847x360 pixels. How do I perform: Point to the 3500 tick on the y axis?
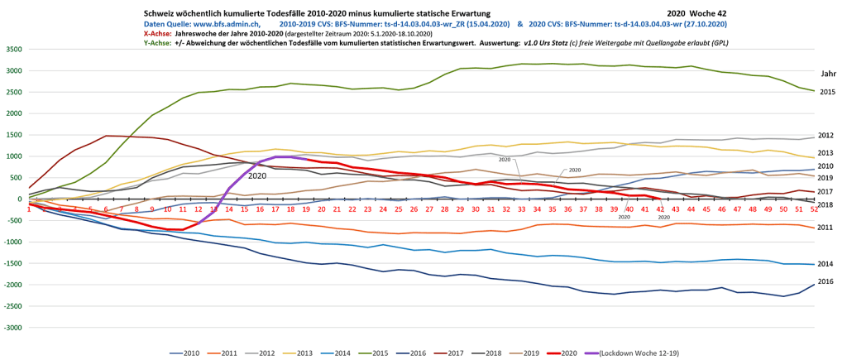click(14, 50)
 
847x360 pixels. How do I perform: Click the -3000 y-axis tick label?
click(12, 328)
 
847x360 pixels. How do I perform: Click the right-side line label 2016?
click(825, 282)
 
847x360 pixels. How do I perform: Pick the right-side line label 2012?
click(825, 136)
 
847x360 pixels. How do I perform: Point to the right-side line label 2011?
click(825, 227)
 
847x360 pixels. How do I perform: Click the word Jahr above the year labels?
click(828, 74)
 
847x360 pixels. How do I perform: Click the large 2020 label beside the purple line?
click(257, 175)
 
